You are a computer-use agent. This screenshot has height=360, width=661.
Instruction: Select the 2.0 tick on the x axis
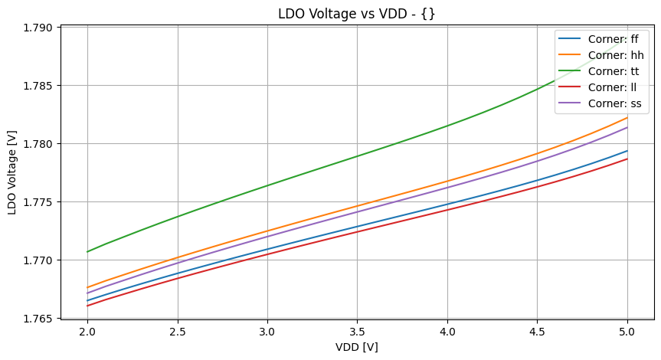tap(88, 332)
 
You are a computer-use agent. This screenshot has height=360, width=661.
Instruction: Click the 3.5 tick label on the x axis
tap(358, 332)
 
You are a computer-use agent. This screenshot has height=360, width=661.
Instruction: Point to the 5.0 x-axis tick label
tap(627, 332)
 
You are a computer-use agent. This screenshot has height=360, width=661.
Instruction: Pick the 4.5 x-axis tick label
tap(538, 332)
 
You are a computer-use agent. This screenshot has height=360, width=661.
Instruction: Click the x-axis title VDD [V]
tap(358, 347)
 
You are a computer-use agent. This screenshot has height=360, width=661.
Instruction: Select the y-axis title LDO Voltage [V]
tap(12, 172)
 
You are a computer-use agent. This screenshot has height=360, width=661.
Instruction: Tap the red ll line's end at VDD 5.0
tap(627, 159)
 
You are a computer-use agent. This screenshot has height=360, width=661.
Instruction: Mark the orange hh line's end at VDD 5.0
tap(627, 117)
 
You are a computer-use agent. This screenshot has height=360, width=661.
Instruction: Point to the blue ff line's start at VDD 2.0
tap(88, 300)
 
